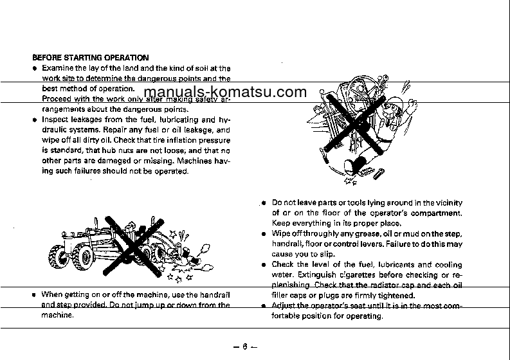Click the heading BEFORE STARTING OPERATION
click(90, 58)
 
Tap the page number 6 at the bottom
click(245, 348)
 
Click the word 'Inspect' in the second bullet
click(56, 120)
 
